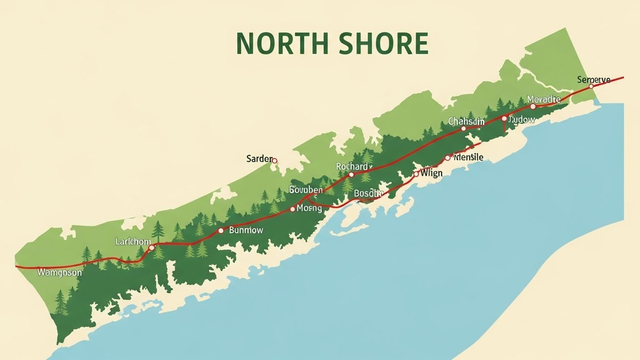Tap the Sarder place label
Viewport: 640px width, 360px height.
[x=259, y=159]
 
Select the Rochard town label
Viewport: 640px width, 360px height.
[x=352, y=166]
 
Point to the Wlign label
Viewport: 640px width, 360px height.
[x=431, y=173]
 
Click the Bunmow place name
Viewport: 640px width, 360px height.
[x=246, y=230]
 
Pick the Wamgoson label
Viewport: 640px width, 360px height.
[x=60, y=272]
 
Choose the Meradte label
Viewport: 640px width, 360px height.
[x=543, y=99]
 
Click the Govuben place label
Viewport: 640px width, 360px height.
[x=306, y=190]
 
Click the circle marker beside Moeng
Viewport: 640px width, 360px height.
[x=293, y=209]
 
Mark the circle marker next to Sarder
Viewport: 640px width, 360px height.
[x=275, y=161]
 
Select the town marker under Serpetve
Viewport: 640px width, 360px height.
[x=591, y=86]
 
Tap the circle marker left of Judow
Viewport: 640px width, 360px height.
[x=504, y=119]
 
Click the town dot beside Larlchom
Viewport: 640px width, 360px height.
[x=151, y=247]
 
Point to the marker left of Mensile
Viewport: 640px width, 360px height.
[x=447, y=158]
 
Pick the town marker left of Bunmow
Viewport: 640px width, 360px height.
[x=221, y=231]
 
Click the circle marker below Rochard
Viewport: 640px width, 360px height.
[x=351, y=174]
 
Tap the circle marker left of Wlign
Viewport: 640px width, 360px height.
[x=415, y=174]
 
